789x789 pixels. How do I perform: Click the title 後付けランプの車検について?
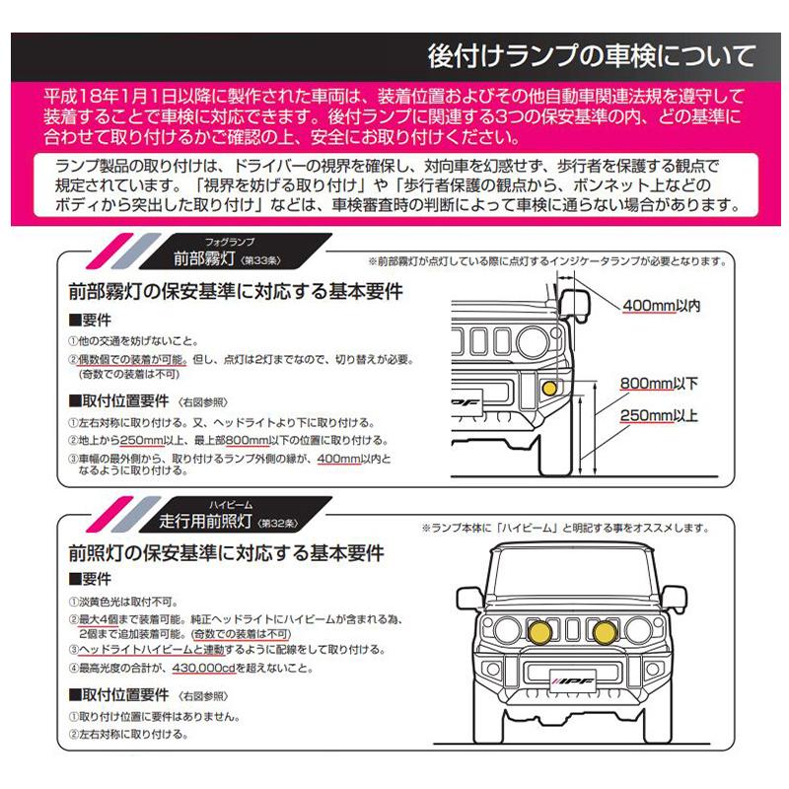(592, 55)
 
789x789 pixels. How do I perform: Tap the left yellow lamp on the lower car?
(539, 629)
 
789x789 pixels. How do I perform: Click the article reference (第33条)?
(257, 260)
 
